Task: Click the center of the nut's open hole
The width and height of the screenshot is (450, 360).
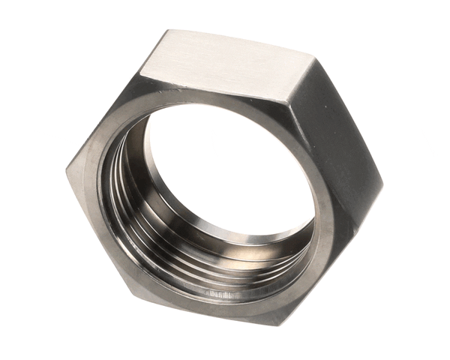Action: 225,172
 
